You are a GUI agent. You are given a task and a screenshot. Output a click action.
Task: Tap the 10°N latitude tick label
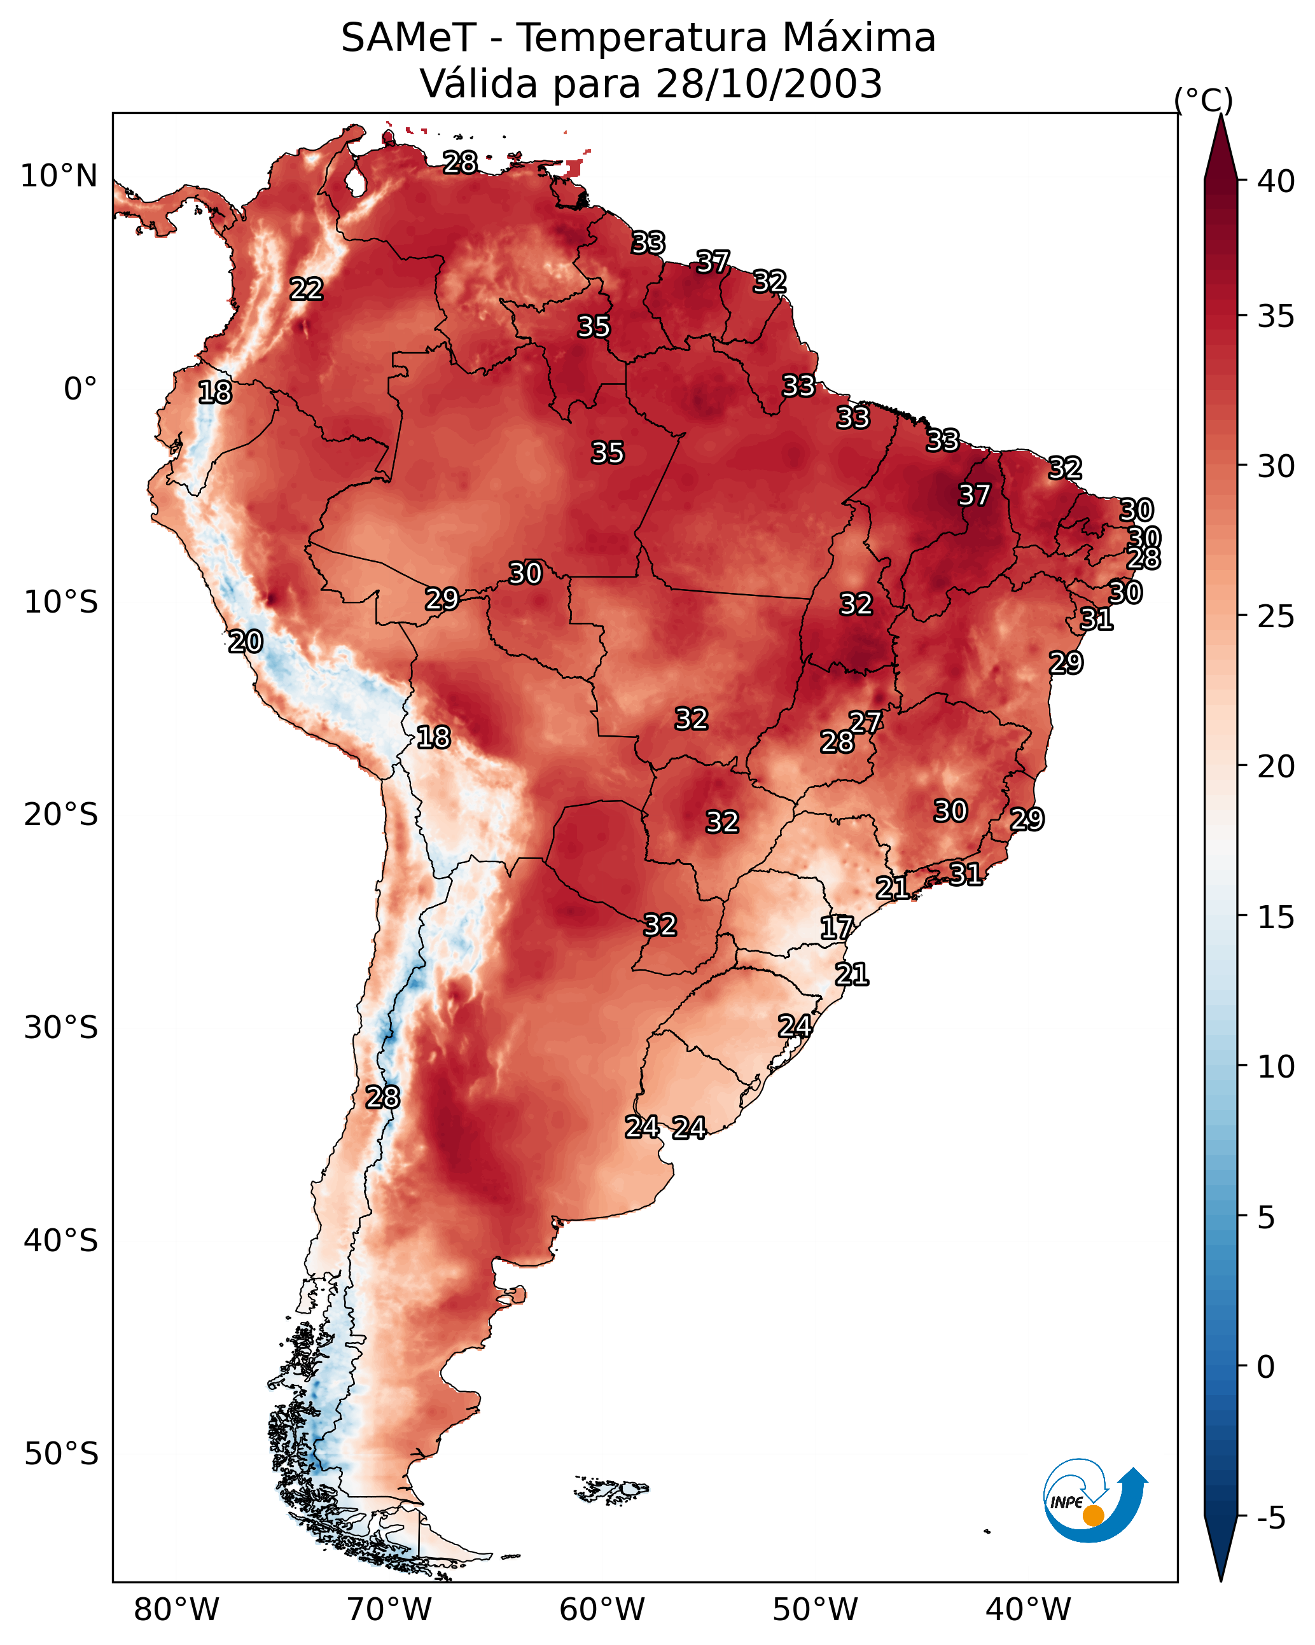(59, 176)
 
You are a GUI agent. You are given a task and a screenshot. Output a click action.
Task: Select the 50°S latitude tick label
(61, 1454)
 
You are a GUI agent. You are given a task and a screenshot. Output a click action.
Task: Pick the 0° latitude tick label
(80, 389)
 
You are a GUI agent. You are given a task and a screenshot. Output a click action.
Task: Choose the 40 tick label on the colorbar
(1276, 181)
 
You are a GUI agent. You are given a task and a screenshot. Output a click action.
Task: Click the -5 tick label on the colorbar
(1270, 1518)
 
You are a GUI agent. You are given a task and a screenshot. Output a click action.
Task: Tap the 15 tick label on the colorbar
(1276, 917)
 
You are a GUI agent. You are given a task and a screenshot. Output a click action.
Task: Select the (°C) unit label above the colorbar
(1204, 100)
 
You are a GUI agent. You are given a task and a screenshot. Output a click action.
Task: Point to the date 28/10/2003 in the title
(769, 84)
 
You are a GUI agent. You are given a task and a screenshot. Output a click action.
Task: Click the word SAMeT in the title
(408, 38)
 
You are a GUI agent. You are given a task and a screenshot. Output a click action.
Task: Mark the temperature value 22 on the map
(307, 289)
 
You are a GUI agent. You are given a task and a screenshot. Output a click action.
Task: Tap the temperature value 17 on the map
(837, 928)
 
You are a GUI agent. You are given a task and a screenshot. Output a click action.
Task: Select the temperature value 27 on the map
(865, 722)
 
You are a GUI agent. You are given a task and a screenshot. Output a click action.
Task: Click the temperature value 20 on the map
(246, 642)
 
